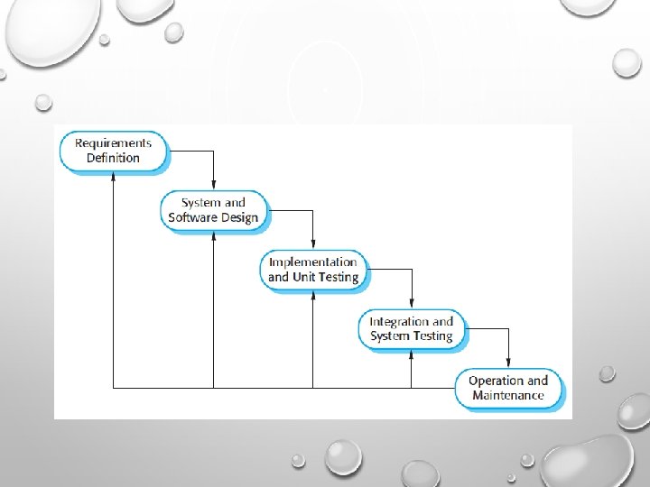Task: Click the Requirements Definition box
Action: [113, 151]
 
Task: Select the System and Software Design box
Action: [213, 210]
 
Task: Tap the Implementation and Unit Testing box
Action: [313, 270]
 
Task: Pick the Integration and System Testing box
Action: [412, 328]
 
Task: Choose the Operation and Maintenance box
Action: [508, 388]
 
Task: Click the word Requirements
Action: [113, 142]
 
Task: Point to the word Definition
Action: [113, 158]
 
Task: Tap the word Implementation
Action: [313, 262]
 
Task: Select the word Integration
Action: [399, 321]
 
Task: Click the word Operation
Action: [495, 380]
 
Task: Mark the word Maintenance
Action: [508, 395]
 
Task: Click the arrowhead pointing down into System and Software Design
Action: [213, 184]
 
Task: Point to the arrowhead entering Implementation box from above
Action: [312, 243]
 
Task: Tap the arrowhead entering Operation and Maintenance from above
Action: [508, 362]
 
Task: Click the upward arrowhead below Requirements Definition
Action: [113, 179]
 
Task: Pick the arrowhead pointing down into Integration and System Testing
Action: [412, 303]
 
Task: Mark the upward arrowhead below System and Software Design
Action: [213, 237]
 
